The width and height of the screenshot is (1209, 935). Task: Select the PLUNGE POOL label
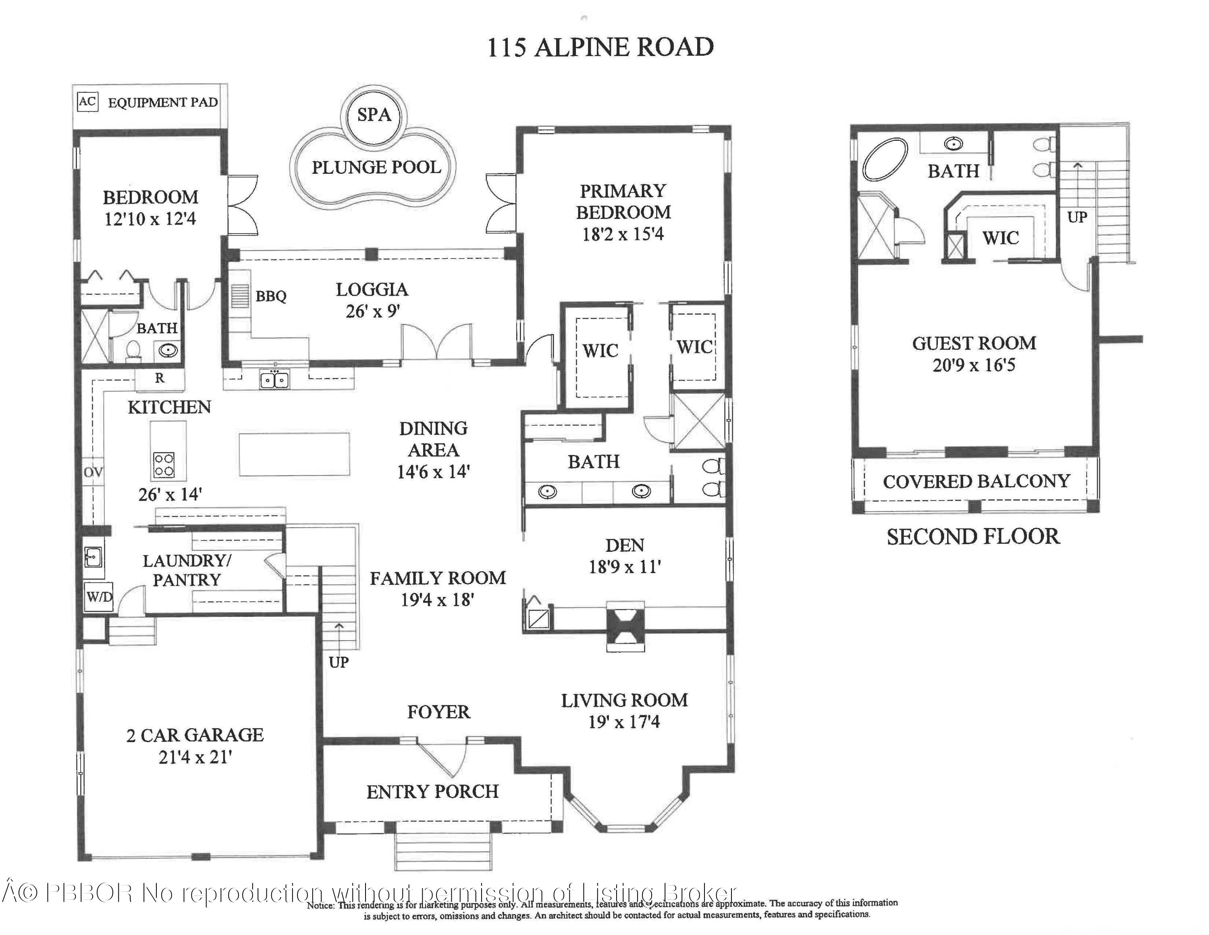(376, 167)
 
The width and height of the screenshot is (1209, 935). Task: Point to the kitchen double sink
(274, 380)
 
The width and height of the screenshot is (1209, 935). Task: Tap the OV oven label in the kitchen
(93, 472)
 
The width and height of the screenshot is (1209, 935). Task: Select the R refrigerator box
(160, 378)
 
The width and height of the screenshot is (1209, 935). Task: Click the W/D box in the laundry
(99, 597)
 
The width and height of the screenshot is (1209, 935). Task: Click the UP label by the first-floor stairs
(338, 662)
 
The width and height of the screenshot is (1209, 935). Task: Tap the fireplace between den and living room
(625, 626)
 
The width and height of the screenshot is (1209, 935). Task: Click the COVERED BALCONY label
(976, 481)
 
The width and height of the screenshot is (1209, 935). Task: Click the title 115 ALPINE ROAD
(600, 47)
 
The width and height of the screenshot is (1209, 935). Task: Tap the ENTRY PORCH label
(432, 791)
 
